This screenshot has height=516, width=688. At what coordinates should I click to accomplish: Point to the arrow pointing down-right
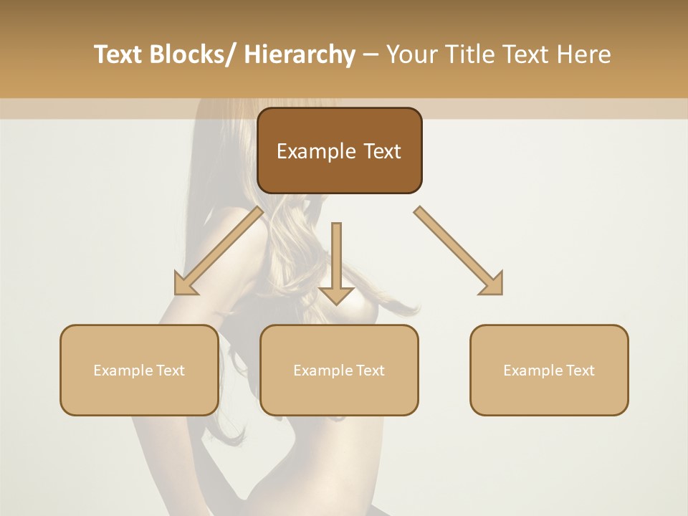tap(459, 251)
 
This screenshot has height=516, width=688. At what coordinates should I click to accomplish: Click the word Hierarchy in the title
tap(300, 54)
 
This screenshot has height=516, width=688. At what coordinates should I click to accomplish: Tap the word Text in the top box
tap(381, 151)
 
